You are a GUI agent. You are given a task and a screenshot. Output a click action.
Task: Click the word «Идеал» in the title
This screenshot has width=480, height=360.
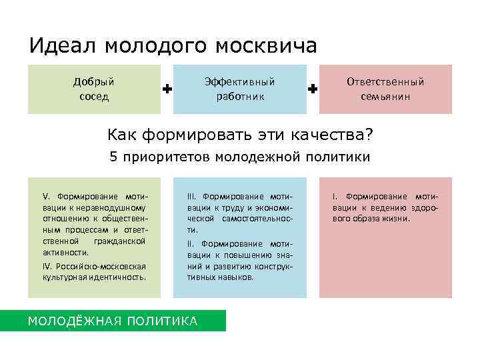(59, 46)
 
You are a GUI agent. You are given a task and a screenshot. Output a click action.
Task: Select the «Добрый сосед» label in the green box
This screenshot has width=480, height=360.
(94, 89)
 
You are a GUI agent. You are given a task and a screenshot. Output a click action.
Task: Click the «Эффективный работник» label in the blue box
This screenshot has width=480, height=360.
(240, 89)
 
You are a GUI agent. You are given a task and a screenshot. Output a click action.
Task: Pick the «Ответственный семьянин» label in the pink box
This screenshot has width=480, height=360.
(385, 89)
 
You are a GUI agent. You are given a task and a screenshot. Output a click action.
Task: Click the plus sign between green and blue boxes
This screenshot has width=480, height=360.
(167, 89)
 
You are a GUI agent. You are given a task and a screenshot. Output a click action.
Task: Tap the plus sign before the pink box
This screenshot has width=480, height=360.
(313, 89)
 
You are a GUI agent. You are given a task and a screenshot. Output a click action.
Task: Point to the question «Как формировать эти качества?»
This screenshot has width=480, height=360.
(240, 135)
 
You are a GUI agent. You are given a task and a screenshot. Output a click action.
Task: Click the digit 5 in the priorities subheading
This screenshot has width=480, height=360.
(113, 157)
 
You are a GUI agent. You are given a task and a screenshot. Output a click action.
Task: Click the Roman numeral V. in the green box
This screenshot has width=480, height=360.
(46, 197)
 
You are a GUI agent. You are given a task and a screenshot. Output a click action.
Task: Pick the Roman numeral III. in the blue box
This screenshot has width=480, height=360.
(192, 197)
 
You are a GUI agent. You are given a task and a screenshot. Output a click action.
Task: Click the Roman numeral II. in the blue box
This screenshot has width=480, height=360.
(191, 243)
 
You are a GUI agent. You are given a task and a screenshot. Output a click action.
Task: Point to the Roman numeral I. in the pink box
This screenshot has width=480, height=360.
(335, 197)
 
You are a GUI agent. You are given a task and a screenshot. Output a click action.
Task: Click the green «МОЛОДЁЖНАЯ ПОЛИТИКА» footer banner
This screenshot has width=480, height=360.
(113, 321)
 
